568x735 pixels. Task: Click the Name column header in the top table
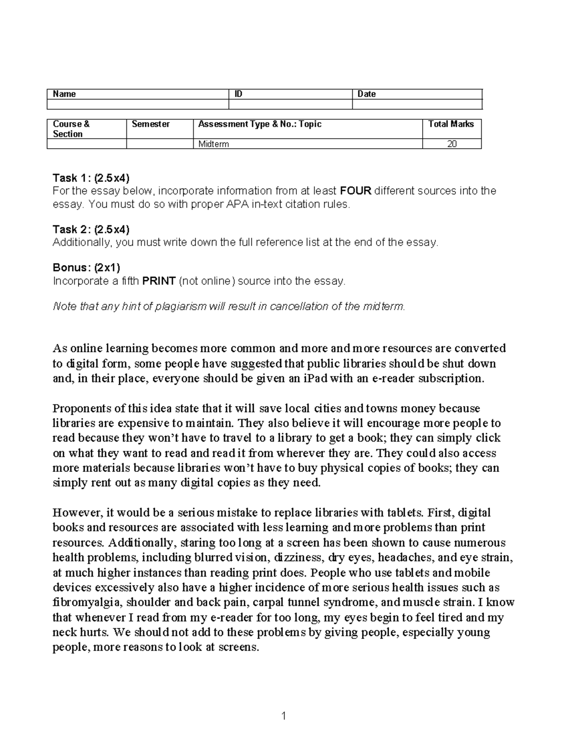[x=64, y=94]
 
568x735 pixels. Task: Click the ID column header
[x=239, y=94]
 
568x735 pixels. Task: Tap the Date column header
[x=366, y=94]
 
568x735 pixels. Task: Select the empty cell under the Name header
[x=137, y=104]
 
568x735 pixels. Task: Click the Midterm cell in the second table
[x=213, y=144]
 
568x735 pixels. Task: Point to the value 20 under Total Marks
[x=452, y=144]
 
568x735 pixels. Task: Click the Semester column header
[x=151, y=124]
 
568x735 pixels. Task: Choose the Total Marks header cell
[x=451, y=124]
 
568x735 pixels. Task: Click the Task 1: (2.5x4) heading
[x=90, y=178]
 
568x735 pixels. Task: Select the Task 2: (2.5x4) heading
[x=90, y=230]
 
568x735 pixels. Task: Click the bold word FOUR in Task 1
[x=356, y=191]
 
